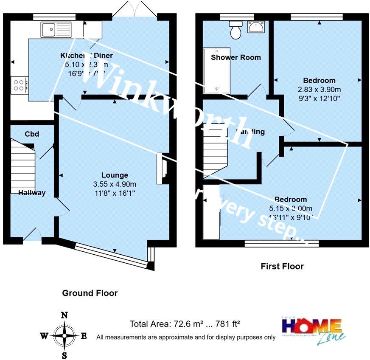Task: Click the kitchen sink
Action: point(56,30)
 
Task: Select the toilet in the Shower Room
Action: point(235,29)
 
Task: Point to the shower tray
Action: point(217,70)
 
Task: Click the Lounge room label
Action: point(115,175)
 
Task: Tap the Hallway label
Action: point(32,193)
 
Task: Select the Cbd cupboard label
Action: point(32,134)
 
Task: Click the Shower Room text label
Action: point(236,57)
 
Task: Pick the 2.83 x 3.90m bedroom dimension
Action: point(320,90)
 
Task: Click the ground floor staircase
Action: point(22,164)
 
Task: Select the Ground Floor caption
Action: point(90,293)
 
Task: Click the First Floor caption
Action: point(282,267)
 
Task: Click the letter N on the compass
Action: point(64,315)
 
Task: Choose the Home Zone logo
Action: point(311,329)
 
